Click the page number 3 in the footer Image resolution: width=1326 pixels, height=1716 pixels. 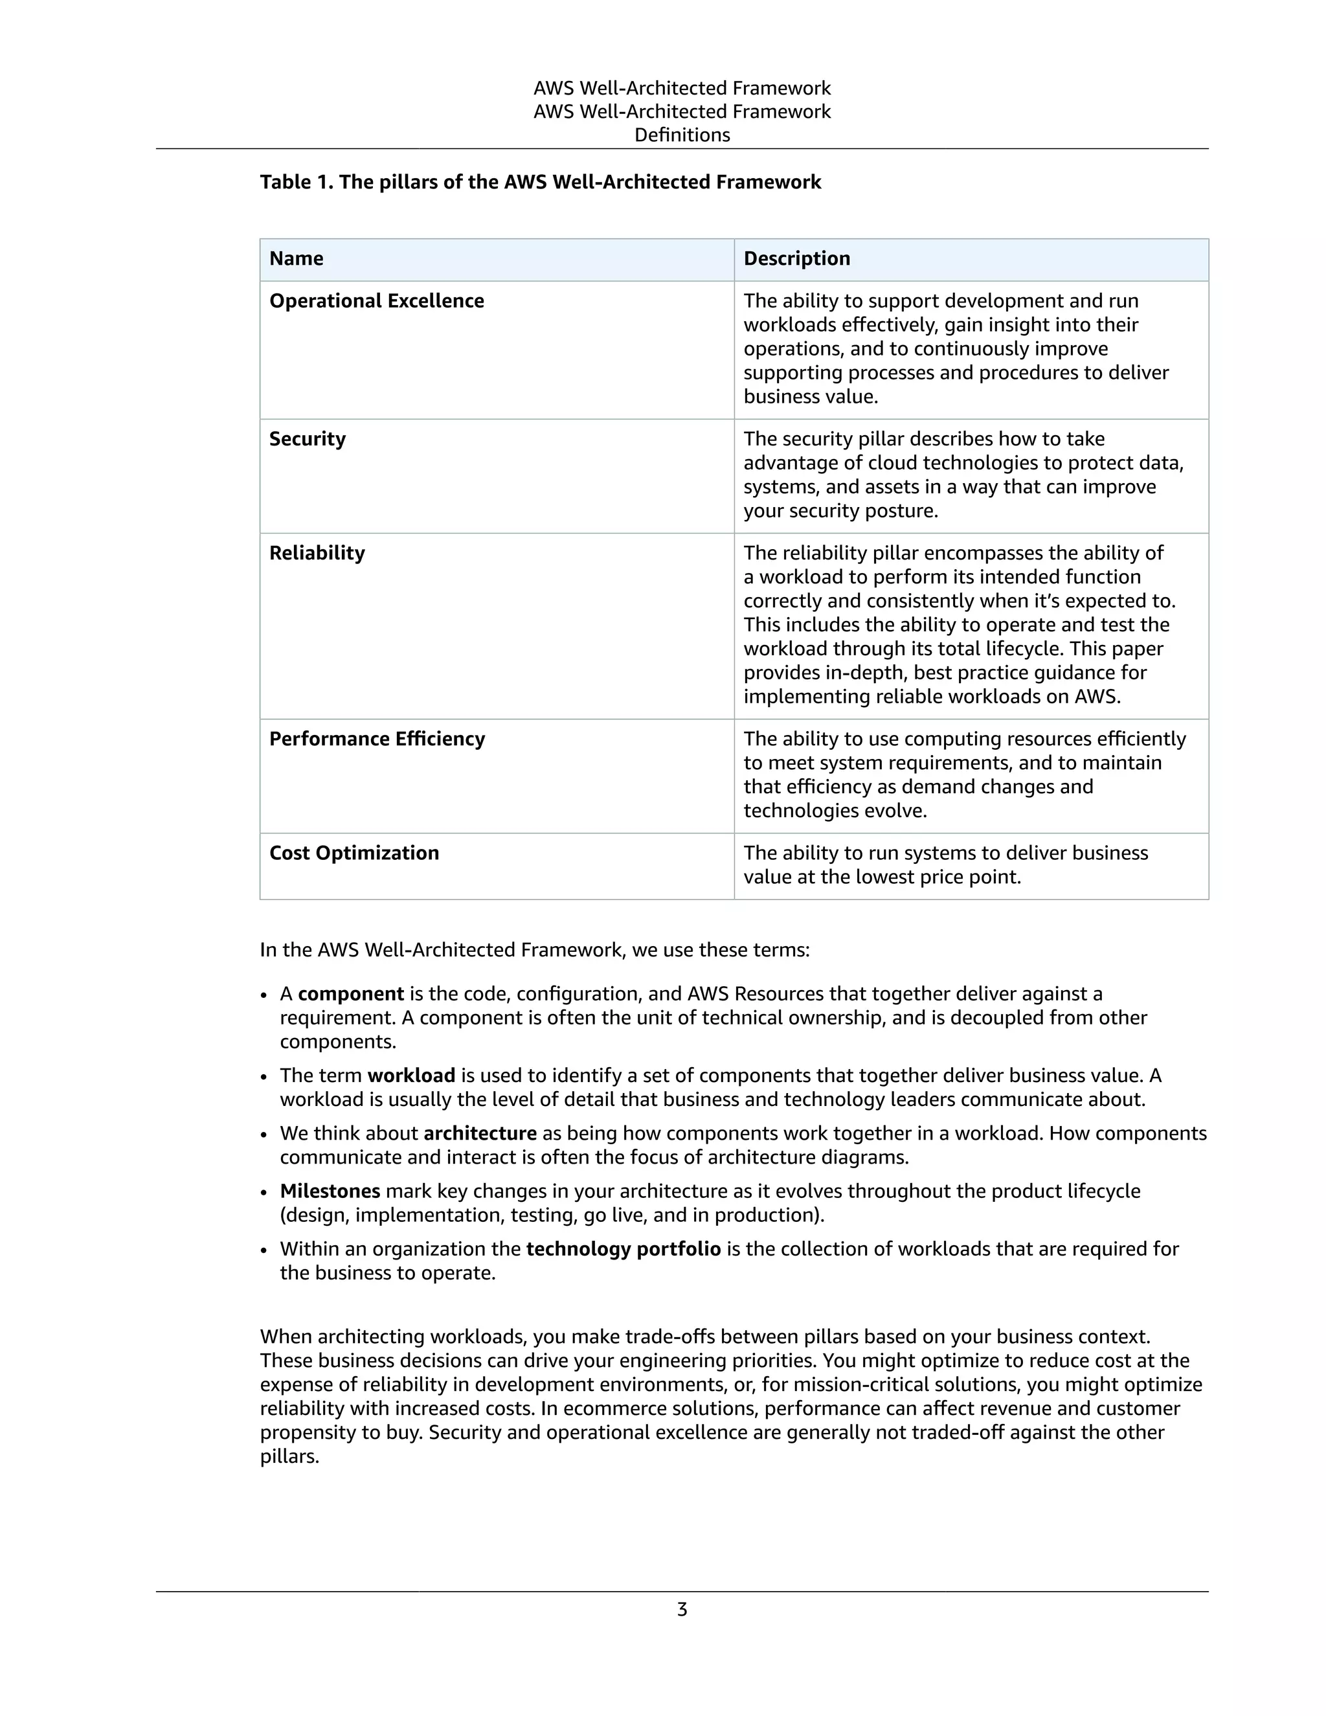682,1610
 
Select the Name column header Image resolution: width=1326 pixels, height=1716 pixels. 296,259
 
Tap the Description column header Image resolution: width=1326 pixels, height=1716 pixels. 796,259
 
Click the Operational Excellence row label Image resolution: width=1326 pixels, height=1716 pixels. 376,302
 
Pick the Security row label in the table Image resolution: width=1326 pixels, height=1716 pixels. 307,439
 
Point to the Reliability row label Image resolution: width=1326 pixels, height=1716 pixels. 317,553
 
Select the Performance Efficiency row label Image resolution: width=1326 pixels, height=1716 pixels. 377,739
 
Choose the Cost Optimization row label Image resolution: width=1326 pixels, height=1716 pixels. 354,853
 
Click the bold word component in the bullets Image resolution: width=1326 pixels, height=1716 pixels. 350,994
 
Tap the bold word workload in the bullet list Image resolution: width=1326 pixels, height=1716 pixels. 411,1076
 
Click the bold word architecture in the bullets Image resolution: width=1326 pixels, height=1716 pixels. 479,1134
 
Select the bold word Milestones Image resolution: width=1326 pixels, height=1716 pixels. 330,1191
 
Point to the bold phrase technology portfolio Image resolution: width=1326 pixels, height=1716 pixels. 623,1249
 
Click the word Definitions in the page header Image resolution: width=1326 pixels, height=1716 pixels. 682,135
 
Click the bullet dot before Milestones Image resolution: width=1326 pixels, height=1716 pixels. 265,1193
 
